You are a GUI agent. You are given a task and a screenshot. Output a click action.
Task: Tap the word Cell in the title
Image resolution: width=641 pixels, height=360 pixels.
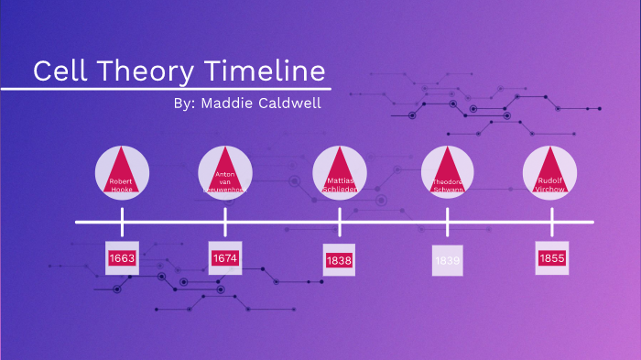click(60, 71)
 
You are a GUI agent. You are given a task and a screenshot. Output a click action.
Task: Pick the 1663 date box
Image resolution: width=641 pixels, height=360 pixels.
click(122, 258)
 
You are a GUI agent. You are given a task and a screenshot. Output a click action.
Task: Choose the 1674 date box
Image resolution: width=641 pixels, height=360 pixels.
click(225, 258)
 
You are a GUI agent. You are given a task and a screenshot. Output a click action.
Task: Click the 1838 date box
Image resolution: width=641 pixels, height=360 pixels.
click(339, 261)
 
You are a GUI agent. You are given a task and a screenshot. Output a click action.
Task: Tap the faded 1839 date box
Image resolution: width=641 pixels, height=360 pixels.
click(448, 261)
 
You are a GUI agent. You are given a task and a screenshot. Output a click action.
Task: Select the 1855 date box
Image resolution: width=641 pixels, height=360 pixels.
click(552, 258)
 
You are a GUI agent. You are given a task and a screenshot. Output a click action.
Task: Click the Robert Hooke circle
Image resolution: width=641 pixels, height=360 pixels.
click(122, 171)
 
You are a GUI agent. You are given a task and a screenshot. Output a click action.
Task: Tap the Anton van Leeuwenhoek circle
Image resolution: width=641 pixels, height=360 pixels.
click(225, 171)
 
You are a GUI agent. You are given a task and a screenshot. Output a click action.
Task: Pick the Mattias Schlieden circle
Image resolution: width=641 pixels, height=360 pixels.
click(340, 171)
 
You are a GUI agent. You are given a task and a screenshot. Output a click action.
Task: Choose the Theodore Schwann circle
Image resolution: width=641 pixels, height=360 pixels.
click(448, 171)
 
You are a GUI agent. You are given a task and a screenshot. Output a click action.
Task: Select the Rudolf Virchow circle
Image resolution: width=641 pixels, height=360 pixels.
click(550, 171)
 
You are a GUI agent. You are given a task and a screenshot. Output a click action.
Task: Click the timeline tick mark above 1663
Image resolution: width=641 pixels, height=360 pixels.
click(122, 222)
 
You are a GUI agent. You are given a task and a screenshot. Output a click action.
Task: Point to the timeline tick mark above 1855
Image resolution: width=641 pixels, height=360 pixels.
click(552, 222)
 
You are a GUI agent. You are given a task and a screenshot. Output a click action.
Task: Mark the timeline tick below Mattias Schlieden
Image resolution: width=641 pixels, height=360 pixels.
click(340, 222)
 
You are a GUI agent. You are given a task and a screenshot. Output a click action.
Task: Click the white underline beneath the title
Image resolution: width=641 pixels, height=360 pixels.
click(165, 89)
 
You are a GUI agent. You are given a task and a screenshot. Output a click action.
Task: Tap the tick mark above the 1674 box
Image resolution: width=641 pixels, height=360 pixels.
click(225, 222)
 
